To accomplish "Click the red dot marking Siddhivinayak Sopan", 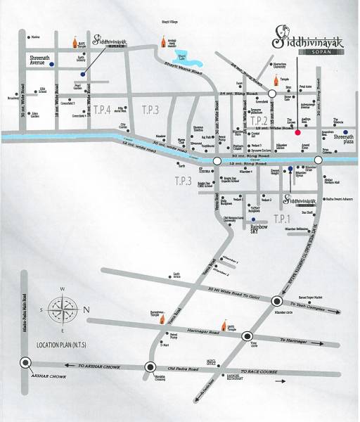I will click(297, 132).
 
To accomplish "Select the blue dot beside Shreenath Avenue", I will click(52, 65).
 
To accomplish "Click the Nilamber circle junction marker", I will click(276, 302).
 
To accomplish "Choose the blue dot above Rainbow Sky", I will click(254, 220).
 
